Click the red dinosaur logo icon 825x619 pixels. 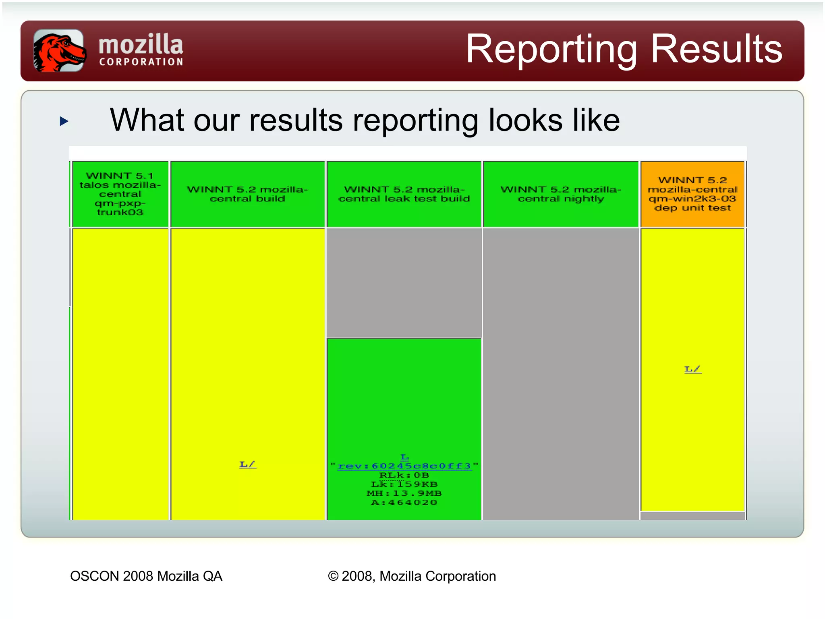[x=59, y=51]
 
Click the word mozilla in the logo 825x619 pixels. [x=141, y=44]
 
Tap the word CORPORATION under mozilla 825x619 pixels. [x=141, y=62]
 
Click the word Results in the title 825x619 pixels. [x=717, y=49]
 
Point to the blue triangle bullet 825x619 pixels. [x=64, y=121]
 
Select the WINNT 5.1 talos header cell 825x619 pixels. [x=120, y=194]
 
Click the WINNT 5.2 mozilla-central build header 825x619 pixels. [x=247, y=194]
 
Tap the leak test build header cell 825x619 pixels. [x=404, y=194]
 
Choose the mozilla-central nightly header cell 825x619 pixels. [x=561, y=194]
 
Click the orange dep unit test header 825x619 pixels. [x=692, y=194]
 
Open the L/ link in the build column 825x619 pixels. [x=248, y=464]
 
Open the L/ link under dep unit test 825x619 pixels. [x=692, y=369]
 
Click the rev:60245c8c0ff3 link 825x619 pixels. [x=404, y=466]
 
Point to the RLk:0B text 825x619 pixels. [x=404, y=475]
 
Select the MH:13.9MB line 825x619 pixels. [x=404, y=493]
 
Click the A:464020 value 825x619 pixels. [x=404, y=503]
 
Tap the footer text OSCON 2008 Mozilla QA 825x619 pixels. [x=146, y=576]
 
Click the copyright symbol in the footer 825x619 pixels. [x=333, y=576]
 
